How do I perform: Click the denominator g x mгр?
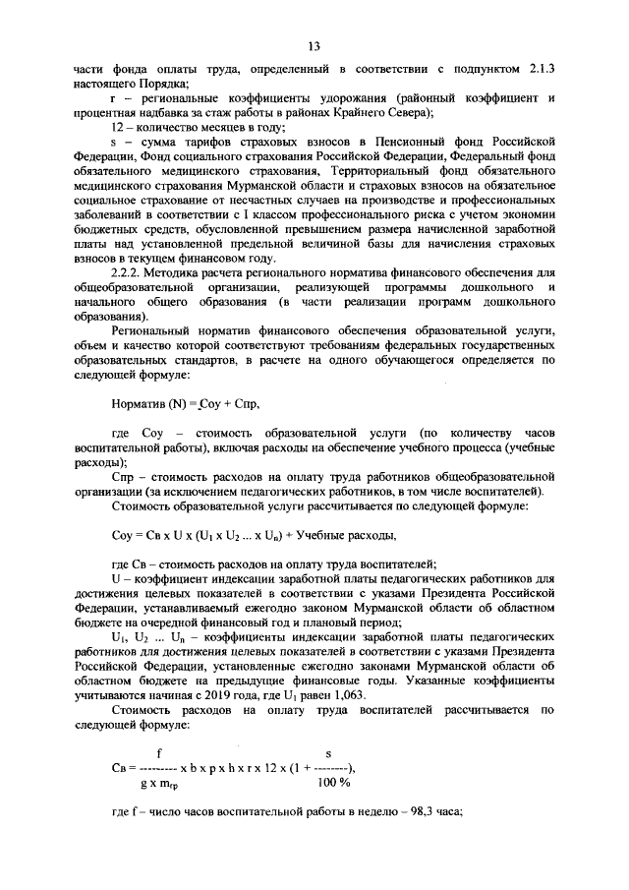(164, 784)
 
